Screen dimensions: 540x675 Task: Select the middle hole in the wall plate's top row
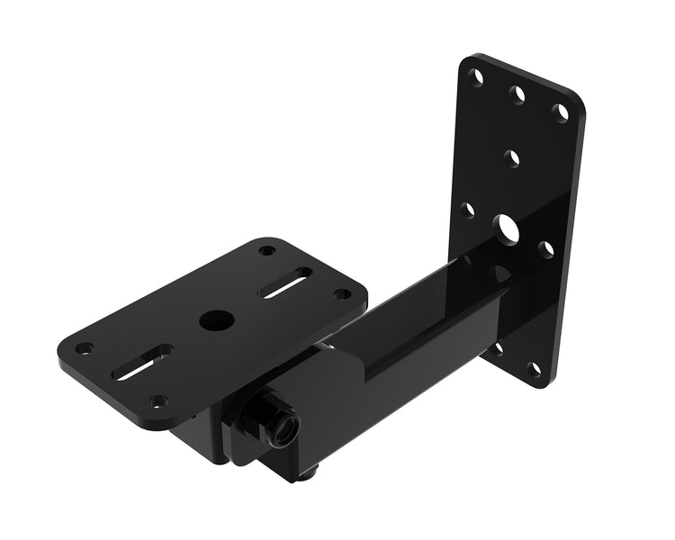[x=518, y=94]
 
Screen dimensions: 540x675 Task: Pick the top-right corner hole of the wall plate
[x=561, y=112]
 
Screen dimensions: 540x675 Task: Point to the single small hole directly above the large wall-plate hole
[x=512, y=159]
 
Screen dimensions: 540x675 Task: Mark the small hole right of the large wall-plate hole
[x=546, y=247]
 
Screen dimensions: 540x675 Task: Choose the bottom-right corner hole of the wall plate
[x=535, y=369]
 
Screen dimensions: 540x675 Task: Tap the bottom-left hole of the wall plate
[x=496, y=347]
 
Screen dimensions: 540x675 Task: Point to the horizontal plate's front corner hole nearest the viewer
[x=158, y=401]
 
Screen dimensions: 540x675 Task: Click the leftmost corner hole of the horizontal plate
[x=84, y=347]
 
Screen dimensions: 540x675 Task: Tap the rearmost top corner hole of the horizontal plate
[x=267, y=249]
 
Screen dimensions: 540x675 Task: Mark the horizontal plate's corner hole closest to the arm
[x=341, y=293]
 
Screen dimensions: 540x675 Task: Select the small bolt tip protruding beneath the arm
[x=310, y=470]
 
